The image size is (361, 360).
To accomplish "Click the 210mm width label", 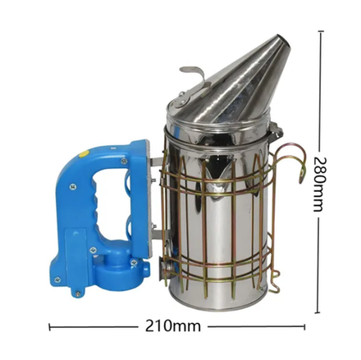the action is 173,326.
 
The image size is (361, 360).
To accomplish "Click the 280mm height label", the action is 318,185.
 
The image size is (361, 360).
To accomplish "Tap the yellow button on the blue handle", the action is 83,154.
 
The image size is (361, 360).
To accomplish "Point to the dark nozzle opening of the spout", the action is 285,42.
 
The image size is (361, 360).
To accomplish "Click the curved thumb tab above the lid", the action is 193,71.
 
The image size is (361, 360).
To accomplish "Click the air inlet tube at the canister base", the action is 165,269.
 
